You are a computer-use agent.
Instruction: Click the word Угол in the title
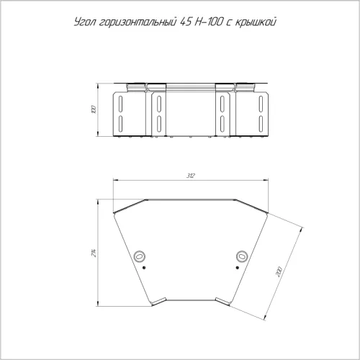coord(85,22)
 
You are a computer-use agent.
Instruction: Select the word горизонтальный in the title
coord(138,22)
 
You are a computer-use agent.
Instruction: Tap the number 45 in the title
coord(186,22)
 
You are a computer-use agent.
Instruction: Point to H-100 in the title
coord(208,22)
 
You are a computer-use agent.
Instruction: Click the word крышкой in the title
coord(256,22)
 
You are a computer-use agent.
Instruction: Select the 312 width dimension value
coord(191,176)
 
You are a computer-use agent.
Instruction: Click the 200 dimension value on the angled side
coord(279,272)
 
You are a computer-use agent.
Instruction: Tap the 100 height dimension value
coord(94,109)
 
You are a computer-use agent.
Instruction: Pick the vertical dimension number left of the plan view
coord(94,253)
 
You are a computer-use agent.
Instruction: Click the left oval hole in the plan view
coord(140,256)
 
